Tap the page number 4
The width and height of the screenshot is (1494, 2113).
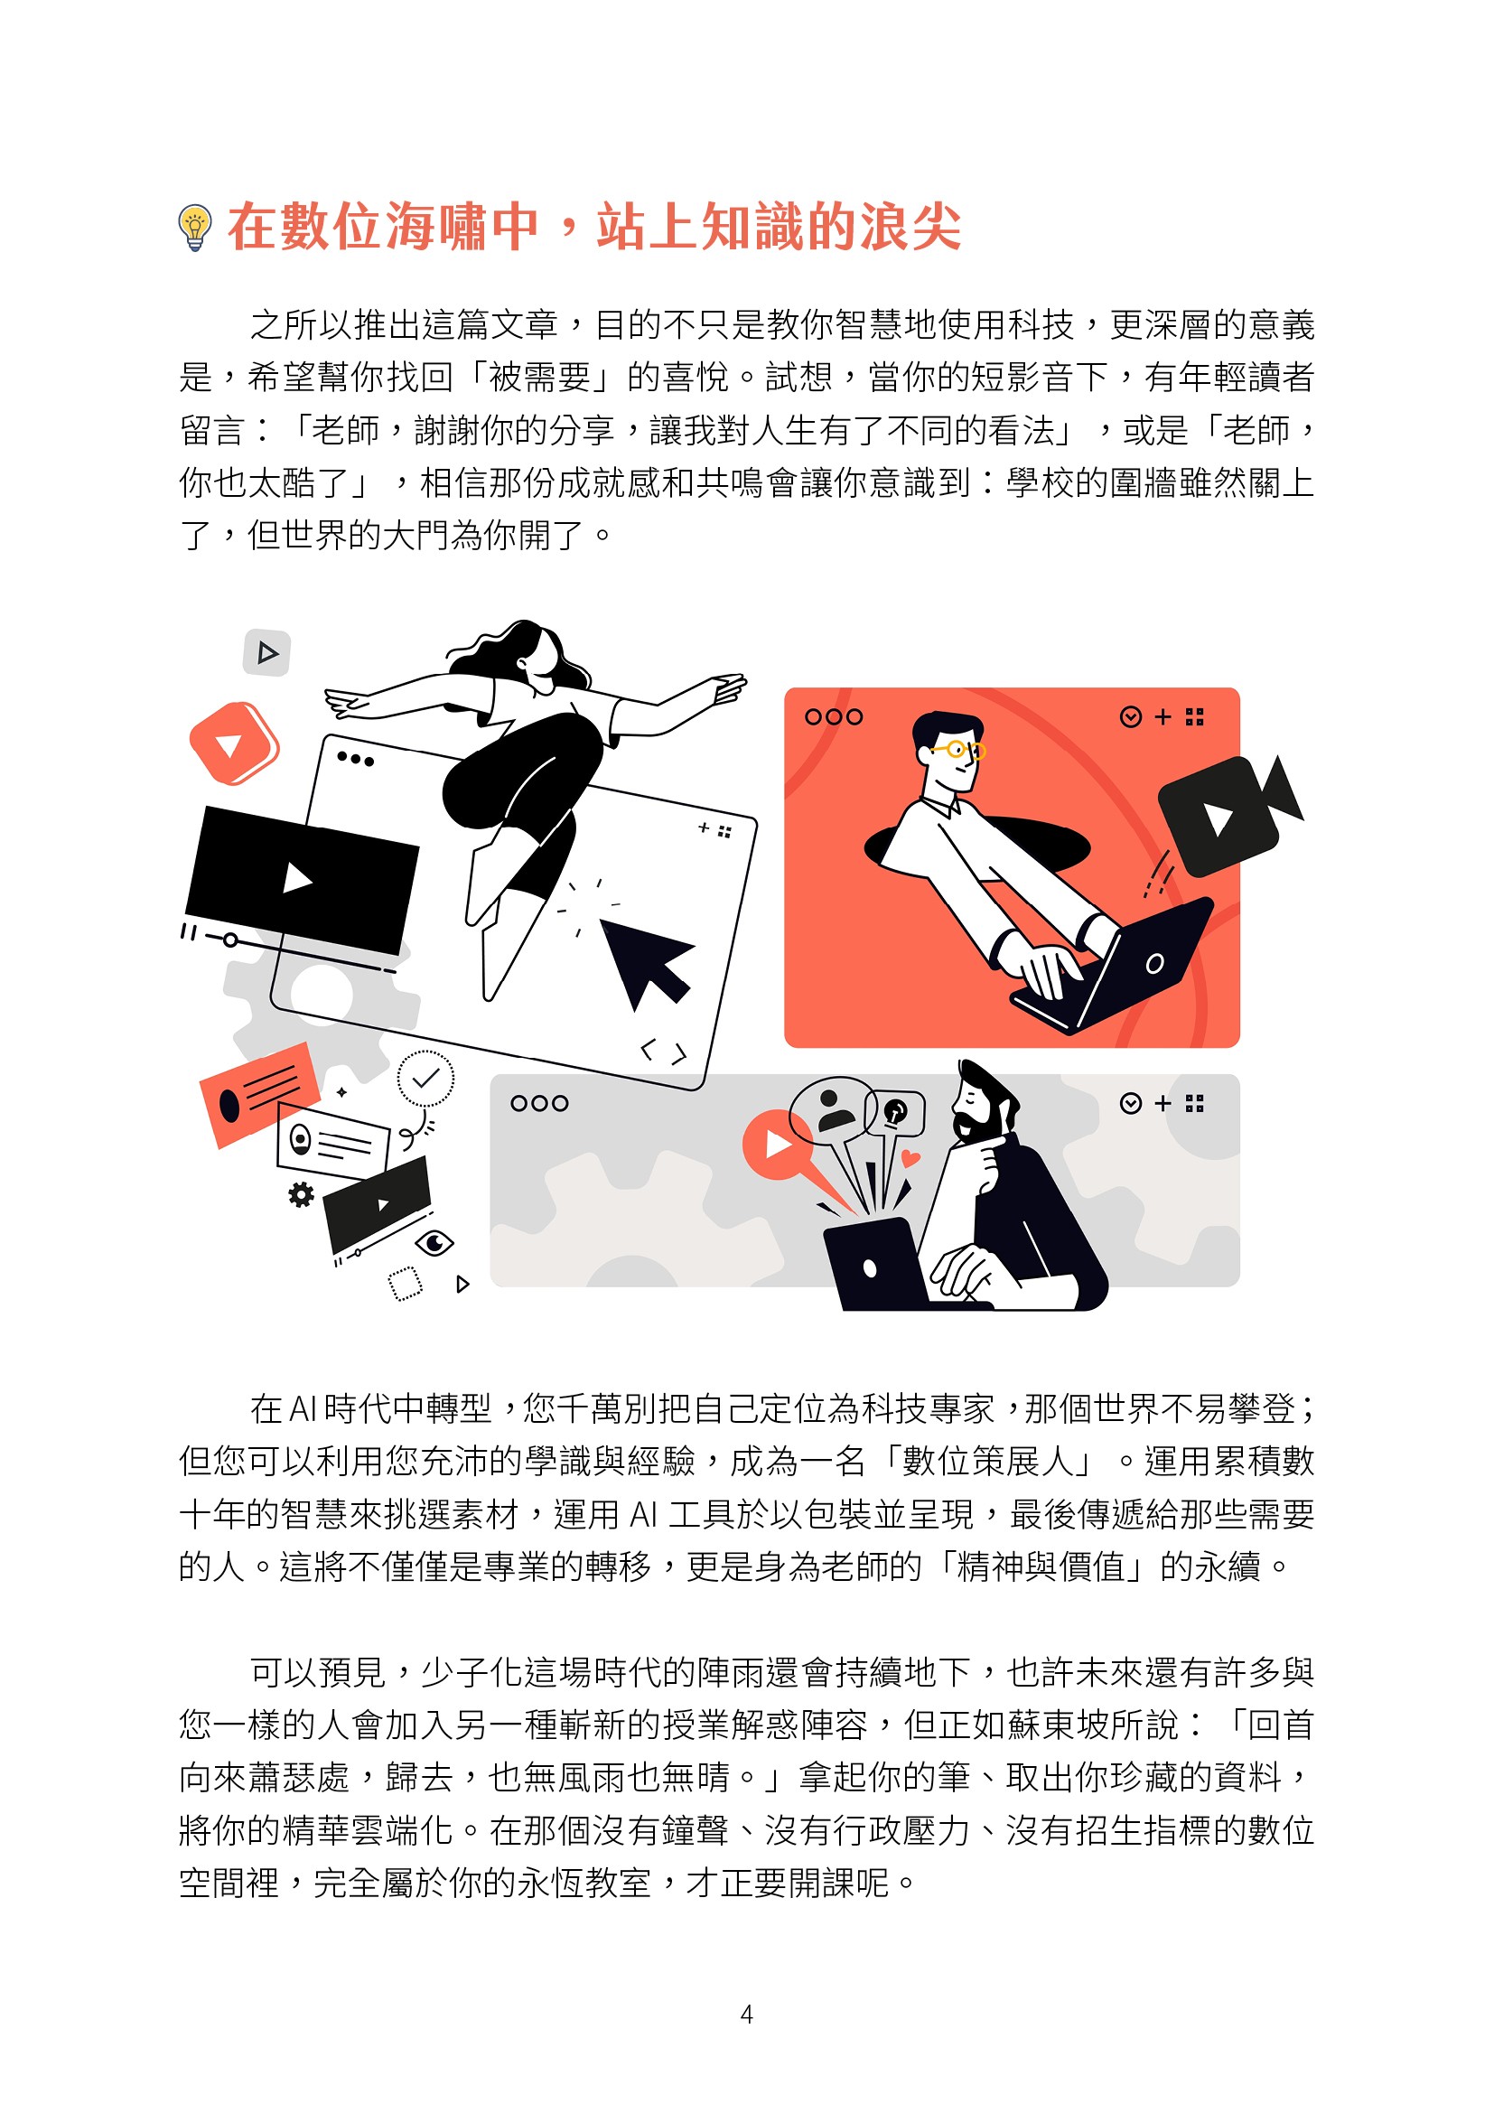746,2015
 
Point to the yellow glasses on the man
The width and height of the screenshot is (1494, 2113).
959,749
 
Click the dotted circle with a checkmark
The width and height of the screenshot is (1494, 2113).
425,1078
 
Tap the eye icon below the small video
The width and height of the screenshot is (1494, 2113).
434,1242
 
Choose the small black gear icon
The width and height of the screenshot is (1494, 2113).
301,1194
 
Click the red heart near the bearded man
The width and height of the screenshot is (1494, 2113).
910,1158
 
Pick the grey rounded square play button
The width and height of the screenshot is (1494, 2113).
266,652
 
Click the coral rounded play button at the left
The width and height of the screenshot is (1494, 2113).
234,743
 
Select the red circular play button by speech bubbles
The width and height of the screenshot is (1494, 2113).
778,1144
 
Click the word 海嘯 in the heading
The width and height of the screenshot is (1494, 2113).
435,227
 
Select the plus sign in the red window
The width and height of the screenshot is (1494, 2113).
1163,716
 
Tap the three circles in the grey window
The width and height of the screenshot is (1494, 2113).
539,1102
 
